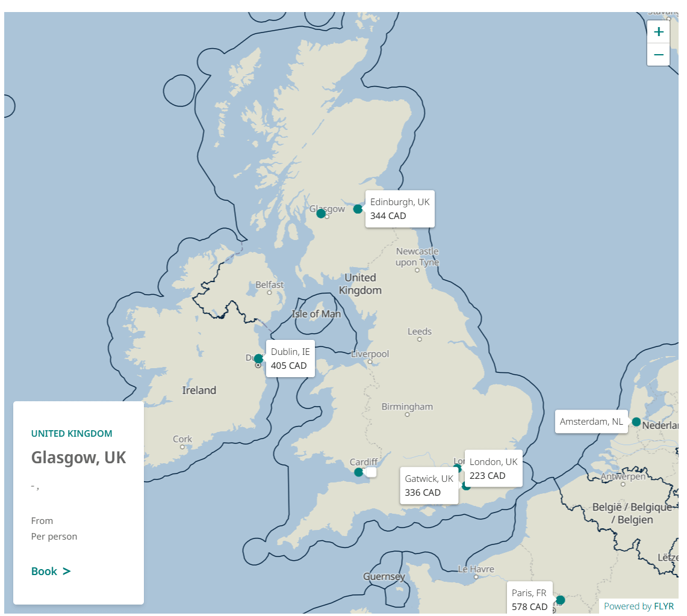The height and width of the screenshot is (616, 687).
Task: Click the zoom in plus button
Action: point(658,32)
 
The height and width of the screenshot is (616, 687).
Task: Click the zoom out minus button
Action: point(658,55)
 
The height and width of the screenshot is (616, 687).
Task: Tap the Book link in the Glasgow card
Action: point(51,571)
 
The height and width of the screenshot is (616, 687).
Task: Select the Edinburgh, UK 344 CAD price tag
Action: point(400,209)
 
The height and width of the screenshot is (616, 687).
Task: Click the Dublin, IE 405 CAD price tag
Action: point(290,359)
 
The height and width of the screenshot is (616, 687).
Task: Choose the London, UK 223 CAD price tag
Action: point(493,469)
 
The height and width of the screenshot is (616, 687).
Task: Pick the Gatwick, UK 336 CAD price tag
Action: point(429,485)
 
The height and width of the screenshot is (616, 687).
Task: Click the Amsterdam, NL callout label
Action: point(591,421)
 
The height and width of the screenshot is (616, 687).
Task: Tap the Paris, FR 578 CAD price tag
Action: point(529,599)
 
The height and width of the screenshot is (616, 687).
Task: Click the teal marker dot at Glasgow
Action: point(321,214)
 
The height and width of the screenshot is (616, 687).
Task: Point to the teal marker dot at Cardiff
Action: point(359,472)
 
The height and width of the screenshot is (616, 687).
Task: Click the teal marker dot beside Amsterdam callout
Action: point(636,422)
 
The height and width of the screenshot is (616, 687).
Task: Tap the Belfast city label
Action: point(269,285)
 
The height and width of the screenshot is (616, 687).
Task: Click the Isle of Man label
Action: point(316,314)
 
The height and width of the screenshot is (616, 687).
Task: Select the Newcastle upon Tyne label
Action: point(417,257)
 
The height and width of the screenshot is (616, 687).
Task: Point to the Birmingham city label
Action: point(407,407)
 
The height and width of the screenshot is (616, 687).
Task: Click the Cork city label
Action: point(182,439)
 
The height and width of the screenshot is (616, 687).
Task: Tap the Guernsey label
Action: point(384,577)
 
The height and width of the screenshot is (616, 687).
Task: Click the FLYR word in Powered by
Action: point(664,606)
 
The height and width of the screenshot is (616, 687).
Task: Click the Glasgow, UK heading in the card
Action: point(79,458)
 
